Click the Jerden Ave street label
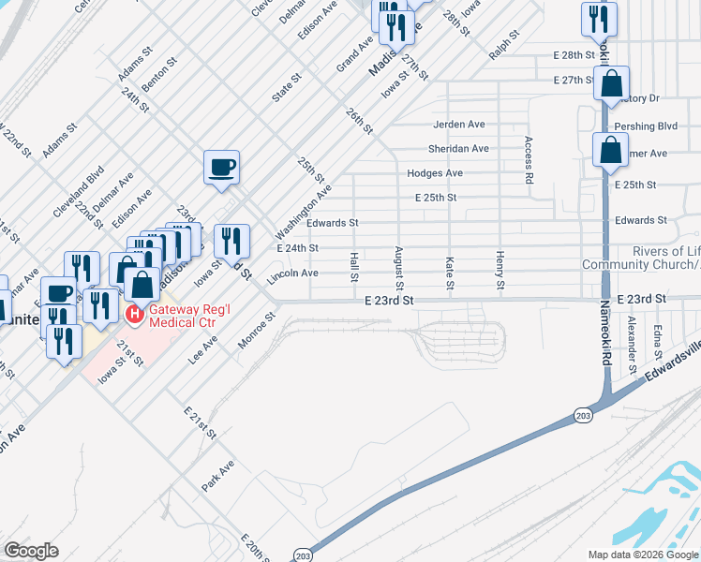point(458,125)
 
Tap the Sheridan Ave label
point(458,149)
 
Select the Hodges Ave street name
point(435,173)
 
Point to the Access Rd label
point(529,159)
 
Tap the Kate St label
point(450,273)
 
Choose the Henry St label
point(500,271)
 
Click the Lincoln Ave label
point(293,275)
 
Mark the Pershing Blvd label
point(646,126)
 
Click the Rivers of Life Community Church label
point(641,258)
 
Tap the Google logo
point(32,551)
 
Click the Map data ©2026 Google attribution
point(642,555)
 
